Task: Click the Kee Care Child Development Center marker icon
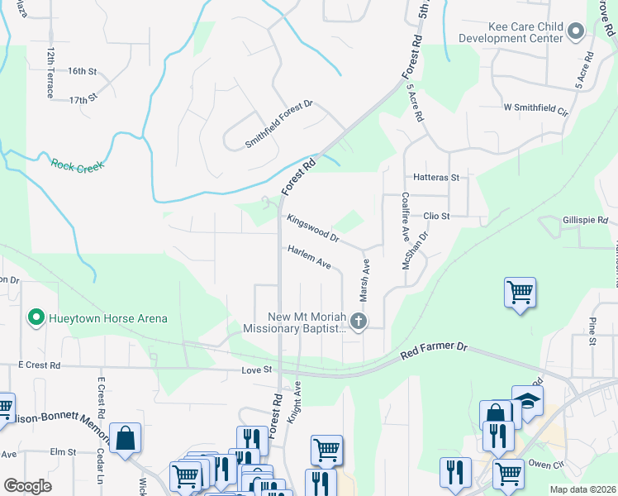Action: pos(577,31)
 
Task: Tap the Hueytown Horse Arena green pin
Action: pos(36,317)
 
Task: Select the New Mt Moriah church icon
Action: pos(358,321)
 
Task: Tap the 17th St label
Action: pos(83,98)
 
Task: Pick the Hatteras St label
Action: pos(435,177)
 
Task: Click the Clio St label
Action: pos(435,216)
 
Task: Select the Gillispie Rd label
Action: pos(584,221)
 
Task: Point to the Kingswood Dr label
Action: pos(313,229)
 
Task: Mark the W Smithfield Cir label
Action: pos(536,108)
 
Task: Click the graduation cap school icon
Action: pos(527,400)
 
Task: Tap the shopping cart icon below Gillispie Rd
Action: pos(520,292)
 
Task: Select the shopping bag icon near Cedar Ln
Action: pos(125,437)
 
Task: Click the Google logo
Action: pos(27,485)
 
